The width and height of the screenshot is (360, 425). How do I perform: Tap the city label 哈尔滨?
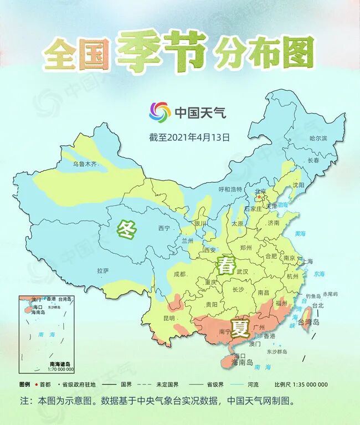pyautogui.click(x=318, y=137)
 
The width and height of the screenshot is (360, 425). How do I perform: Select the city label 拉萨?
pyautogui.click(x=103, y=270)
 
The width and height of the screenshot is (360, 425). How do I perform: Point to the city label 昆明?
pyautogui.click(x=169, y=318)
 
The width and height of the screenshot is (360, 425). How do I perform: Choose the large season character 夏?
pyautogui.click(x=240, y=329)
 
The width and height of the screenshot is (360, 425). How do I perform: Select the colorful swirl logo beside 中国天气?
pyautogui.click(x=160, y=112)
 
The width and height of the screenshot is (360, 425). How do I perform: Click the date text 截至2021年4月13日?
pyautogui.click(x=189, y=136)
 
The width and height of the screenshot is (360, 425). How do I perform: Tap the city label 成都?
pyautogui.click(x=179, y=274)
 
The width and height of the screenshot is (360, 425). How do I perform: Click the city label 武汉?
pyautogui.click(x=243, y=272)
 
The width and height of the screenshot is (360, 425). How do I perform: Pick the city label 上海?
pyautogui.click(x=306, y=261)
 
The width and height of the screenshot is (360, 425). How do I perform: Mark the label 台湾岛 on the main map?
pyautogui.click(x=309, y=322)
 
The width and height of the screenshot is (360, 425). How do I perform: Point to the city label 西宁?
pyautogui.click(x=164, y=228)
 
